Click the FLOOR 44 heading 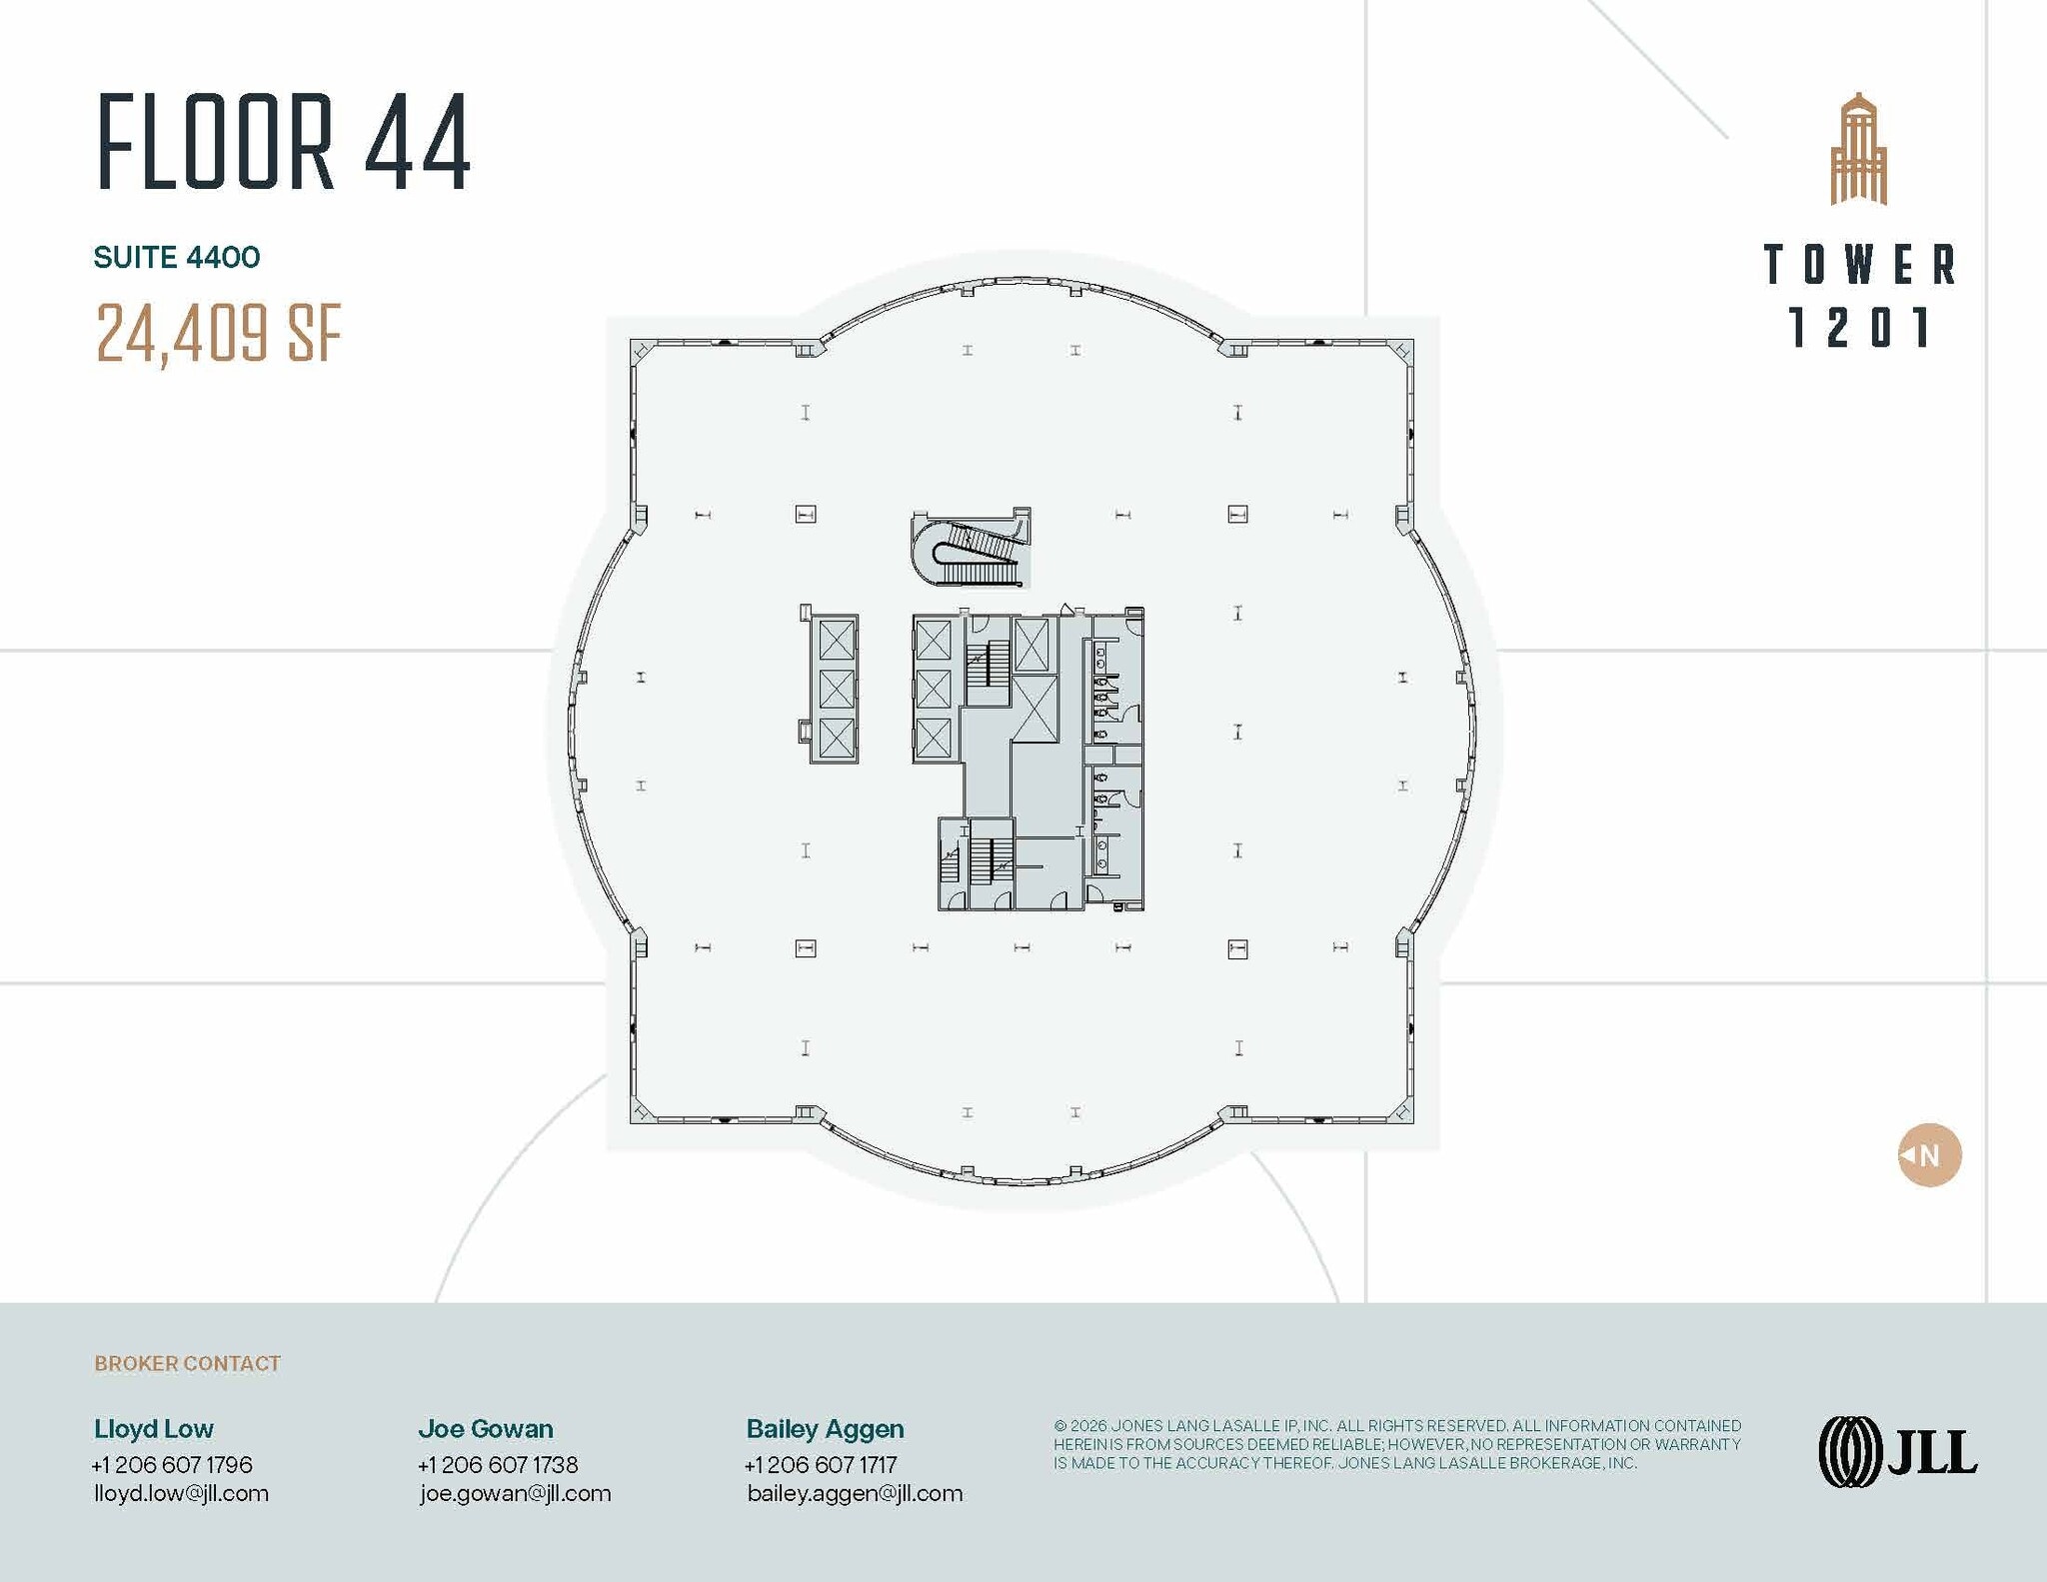pos(284,141)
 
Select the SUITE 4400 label pos(177,258)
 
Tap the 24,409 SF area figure pos(219,333)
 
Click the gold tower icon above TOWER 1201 pos(1858,149)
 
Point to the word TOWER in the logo pos(1859,265)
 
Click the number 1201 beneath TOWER pos(1859,327)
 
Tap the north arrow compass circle pos(1929,1155)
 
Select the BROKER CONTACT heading pos(188,1363)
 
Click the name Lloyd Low pos(154,1428)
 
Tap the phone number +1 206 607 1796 pos(172,1464)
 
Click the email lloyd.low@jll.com pos(181,1493)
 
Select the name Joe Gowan pos(486,1428)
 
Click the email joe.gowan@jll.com pos(515,1493)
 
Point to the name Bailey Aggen pos(825,1429)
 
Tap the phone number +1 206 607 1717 pos(821,1464)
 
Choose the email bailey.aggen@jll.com pos(855,1493)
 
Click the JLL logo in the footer pos(1897,1452)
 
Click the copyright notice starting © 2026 pos(1397,1444)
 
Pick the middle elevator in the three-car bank pos(837,689)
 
